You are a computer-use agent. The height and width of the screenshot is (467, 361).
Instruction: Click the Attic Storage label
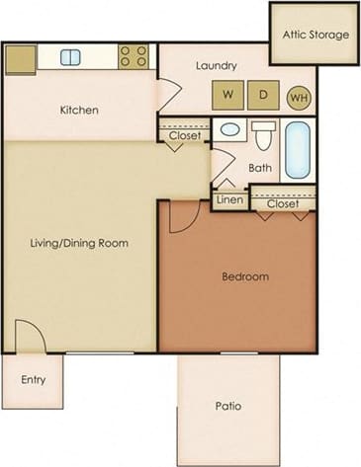coord(316,36)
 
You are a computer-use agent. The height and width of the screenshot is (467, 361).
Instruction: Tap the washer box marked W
coord(227,96)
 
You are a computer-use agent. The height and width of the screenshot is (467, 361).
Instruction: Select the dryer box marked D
coord(263,96)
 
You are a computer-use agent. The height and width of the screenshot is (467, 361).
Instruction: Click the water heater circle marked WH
coord(298,97)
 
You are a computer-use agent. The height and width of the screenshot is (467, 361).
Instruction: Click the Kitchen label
coord(78,110)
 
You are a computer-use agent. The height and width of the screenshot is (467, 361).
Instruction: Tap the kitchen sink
coord(70,57)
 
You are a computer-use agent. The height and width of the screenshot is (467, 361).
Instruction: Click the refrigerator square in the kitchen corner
coord(20,58)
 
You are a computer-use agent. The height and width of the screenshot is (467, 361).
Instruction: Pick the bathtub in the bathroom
coord(298,148)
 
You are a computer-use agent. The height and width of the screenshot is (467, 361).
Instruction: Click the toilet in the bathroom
coord(263,135)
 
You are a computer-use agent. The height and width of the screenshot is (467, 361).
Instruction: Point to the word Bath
coord(260,169)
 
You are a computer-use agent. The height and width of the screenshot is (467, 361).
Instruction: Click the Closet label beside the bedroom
coord(281,205)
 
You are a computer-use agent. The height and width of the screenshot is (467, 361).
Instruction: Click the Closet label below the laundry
coord(184,135)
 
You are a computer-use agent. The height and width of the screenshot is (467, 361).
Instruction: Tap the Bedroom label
coord(244,276)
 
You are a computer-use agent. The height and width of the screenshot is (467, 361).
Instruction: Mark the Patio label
coord(227,406)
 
